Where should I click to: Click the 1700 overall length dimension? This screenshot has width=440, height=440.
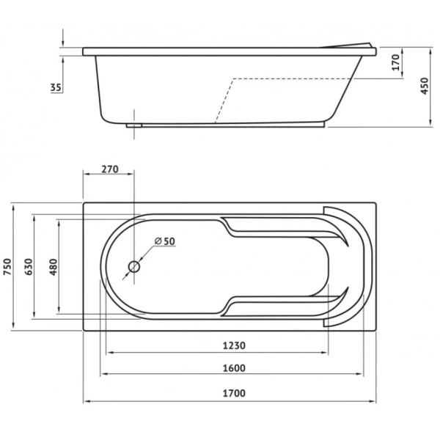click(x=234, y=393)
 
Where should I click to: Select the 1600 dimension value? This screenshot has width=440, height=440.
click(x=234, y=368)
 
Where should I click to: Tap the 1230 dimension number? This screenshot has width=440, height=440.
click(x=234, y=345)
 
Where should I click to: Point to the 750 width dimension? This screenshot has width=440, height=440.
click(x=7, y=267)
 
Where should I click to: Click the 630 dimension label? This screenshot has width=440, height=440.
click(x=29, y=267)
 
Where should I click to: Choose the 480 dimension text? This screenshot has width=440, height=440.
click(x=54, y=267)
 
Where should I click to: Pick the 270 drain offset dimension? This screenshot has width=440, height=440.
click(x=110, y=169)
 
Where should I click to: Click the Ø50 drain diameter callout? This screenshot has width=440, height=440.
click(x=165, y=241)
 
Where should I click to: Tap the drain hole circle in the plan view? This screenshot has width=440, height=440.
click(x=134, y=267)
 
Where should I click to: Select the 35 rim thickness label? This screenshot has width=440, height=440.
click(x=56, y=87)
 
